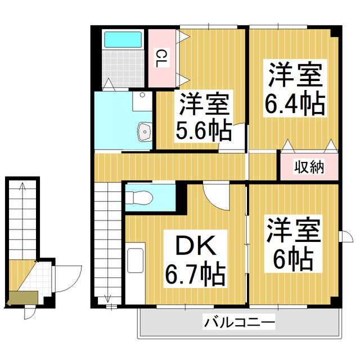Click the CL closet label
coord(161,58)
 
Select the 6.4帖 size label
coord(294,105)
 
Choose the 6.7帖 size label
coord(195,275)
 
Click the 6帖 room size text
coord(293,259)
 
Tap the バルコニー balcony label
coord(239,323)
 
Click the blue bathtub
coord(123,40)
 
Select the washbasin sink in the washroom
coord(144,133)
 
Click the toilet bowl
coord(138,198)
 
